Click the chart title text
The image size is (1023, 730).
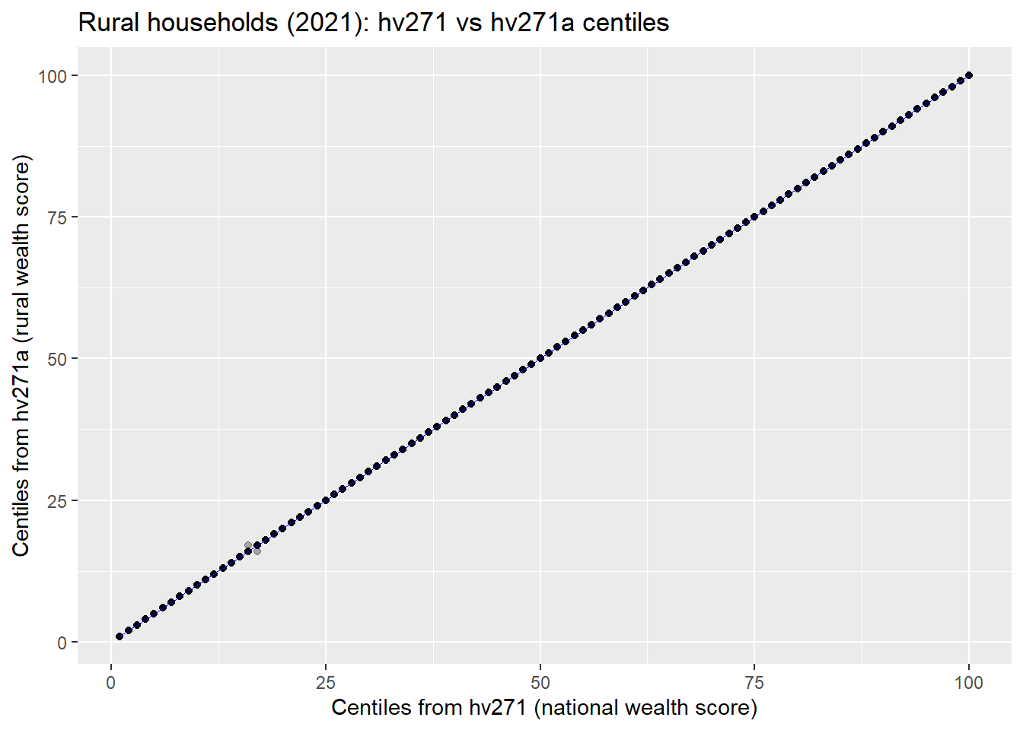pyautogui.click(x=373, y=23)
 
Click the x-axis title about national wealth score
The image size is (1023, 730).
pyautogui.click(x=544, y=707)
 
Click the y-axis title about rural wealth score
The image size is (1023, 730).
pyautogui.click(x=21, y=356)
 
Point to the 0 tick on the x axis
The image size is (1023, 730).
pyautogui.click(x=111, y=682)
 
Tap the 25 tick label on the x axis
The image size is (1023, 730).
pyautogui.click(x=326, y=682)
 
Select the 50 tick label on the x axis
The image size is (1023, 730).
pyautogui.click(x=540, y=682)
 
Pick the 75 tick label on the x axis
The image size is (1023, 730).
pyautogui.click(x=754, y=682)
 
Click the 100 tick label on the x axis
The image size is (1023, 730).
pyautogui.click(x=969, y=682)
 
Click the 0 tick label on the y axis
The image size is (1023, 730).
pyautogui.click(x=62, y=643)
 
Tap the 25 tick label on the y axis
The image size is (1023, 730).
pyautogui.click(x=58, y=500)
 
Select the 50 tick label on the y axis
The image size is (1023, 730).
pyautogui.click(x=58, y=359)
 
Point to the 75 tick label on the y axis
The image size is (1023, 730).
pyautogui.click(x=58, y=217)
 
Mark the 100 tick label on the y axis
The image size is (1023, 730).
pyautogui.click(x=53, y=76)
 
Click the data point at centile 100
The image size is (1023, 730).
pyautogui.click(x=969, y=75)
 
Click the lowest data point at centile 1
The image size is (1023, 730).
pyautogui.click(x=120, y=636)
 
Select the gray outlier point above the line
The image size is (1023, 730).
pyautogui.click(x=248, y=545)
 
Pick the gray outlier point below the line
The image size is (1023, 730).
pyautogui.click(x=257, y=551)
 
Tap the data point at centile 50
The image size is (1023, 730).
pyautogui.click(x=540, y=358)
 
